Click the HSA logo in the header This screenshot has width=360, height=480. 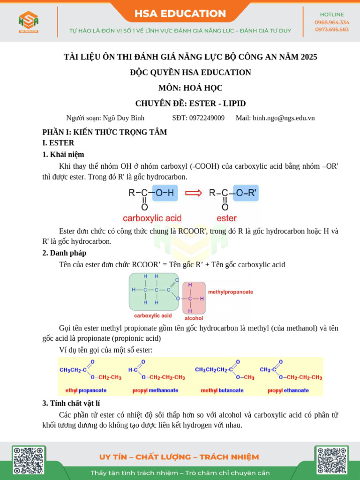pos(29,22)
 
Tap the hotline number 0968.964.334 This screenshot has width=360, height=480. pos(331,22)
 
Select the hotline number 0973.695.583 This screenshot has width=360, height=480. pos(331,29)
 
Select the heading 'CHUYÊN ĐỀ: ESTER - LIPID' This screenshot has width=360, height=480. pos(190,103)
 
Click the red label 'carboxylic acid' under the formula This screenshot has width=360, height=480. pos(152,218)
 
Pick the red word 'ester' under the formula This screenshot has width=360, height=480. pos(226,218)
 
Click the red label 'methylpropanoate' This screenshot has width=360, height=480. pos(231,292)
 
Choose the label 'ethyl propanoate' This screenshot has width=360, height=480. pos(86,390)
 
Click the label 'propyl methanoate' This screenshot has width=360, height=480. pos(155,390)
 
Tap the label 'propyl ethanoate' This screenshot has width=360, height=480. pos(288,390)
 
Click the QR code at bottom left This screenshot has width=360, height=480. pos(29,461)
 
